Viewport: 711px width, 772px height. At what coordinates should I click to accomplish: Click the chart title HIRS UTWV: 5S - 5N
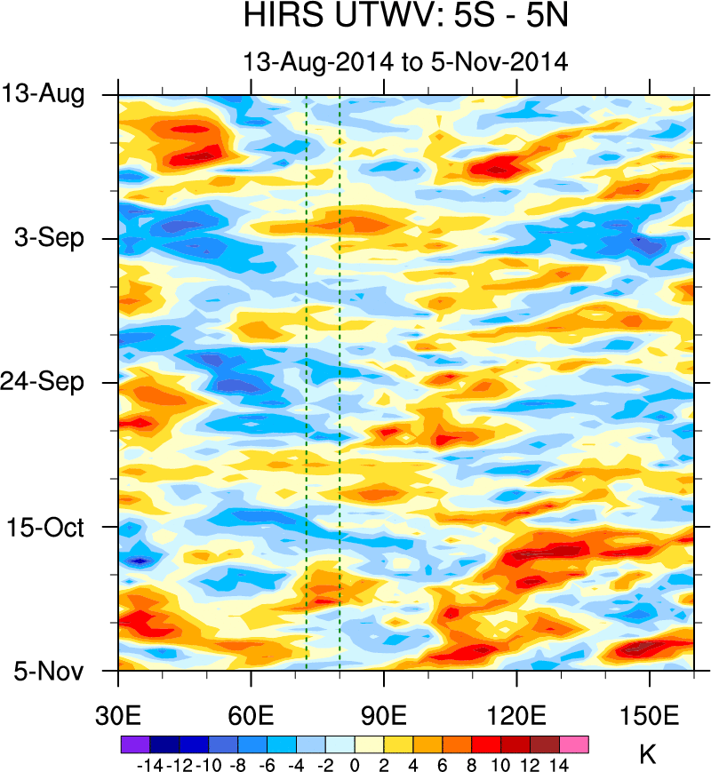pyautogui.click(x=404, y=18)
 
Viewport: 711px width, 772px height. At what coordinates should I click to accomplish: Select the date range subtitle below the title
pyautogui.click(x=404, y=62)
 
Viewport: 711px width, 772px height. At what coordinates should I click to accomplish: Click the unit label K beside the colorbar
pyautogui.click(x=648, y=755)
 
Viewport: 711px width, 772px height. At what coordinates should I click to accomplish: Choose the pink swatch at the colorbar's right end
pyautogui.click(x=575, y=744)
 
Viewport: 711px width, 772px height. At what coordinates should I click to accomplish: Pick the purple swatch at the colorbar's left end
pyautogui.click(x=133, y=744)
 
